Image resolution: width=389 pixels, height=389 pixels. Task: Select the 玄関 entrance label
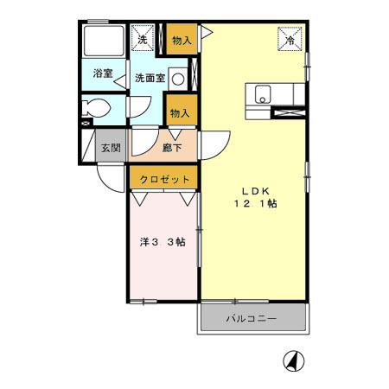click(x=110, y=147)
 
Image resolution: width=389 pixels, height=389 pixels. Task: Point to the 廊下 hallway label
click(x=171, y=148)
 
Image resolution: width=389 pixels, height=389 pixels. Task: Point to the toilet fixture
click(x=95, y=109)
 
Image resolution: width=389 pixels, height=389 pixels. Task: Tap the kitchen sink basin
click(x=264, y=93)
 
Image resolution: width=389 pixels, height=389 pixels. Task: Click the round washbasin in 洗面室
click(x=177, y=78)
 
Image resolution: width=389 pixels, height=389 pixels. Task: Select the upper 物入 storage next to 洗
click(x=181, y=40)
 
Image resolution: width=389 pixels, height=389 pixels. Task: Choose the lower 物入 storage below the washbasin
click(x=180, y=112)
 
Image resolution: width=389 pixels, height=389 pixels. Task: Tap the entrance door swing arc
click(x=108, y=177)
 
